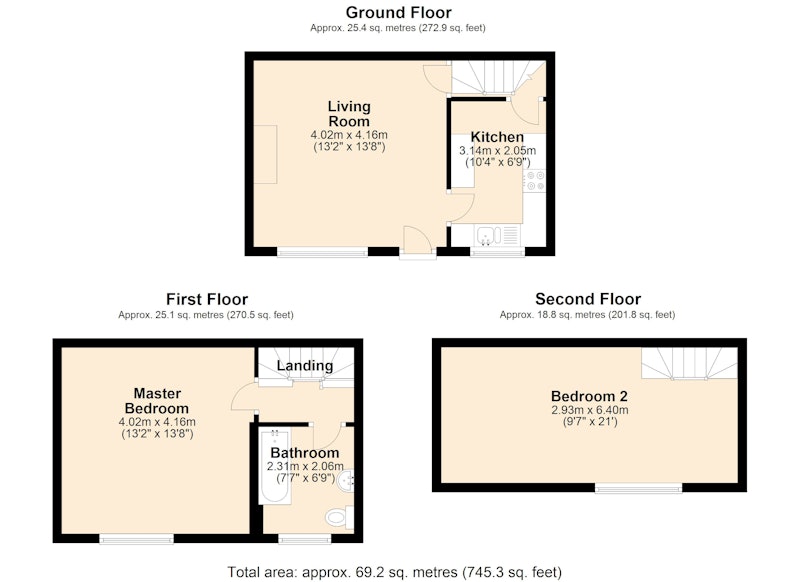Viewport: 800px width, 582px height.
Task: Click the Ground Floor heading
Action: click(398, 12)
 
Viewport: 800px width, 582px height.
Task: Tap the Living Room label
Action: click(349, 114)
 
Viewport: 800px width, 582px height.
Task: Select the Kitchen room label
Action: click(497, 137)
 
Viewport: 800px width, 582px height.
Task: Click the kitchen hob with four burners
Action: click(535, 181)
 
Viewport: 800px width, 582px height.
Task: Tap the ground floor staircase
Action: click(498, 78)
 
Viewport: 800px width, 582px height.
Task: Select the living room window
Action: click(322, 251)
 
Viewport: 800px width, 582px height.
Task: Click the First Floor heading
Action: click(207, 299)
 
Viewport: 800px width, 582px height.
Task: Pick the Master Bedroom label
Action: click(157, 401)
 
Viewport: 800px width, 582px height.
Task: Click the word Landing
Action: click(305, 365)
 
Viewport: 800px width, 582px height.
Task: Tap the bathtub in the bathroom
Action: click(274, 466)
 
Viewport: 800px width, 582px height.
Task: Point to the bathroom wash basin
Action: click(345, 481)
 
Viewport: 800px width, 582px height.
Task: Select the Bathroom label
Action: click(305, 452)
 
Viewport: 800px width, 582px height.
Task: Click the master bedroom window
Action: click(136, 538)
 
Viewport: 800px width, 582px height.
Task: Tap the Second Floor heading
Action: click(588, 298)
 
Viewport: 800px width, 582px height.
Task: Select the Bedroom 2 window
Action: click(639, 488)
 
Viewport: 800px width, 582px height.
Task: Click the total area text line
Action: click(394, 572)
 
